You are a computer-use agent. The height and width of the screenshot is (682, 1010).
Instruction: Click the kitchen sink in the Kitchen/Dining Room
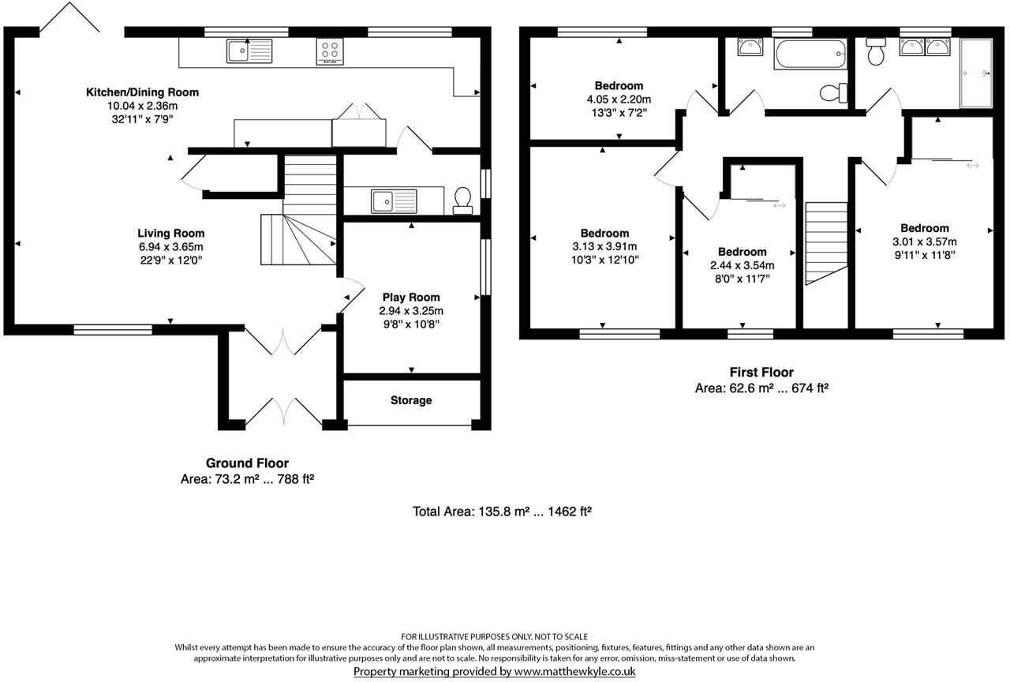249,51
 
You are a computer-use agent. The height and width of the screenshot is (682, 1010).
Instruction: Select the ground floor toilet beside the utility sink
462,200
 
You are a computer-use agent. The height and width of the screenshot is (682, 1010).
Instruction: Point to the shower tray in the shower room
976,73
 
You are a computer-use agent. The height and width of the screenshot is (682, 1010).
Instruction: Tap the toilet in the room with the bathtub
831,94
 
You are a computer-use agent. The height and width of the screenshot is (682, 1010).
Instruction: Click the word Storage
411,400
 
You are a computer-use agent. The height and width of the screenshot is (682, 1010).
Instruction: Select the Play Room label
410,298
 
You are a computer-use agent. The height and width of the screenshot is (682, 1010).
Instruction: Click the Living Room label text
171,233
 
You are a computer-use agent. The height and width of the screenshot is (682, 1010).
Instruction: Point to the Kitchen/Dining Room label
142,92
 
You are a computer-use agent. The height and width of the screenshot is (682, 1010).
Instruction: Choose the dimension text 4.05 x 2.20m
619,99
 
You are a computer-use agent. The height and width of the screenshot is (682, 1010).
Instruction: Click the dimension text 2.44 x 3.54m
742,265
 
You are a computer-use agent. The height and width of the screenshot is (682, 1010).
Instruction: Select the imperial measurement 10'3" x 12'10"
604,259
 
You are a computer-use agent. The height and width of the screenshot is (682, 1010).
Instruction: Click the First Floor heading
761,372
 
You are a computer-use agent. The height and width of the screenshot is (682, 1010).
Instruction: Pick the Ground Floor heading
247,463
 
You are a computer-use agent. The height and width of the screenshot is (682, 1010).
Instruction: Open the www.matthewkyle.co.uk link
574,672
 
